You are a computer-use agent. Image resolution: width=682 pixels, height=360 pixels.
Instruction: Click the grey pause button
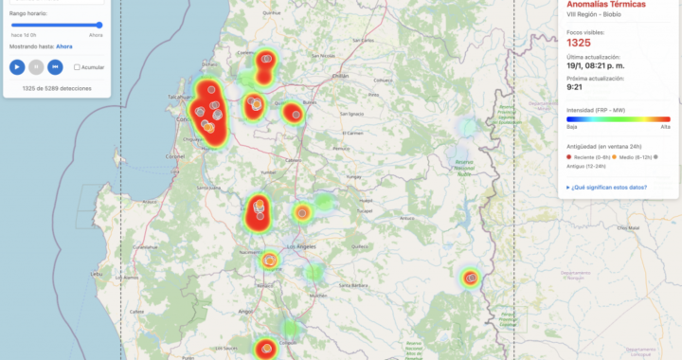click(x=36, y=66)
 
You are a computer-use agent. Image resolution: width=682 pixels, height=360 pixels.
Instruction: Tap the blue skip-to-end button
click(x=56, y=66)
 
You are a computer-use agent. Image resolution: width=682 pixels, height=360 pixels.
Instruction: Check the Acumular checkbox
click(x=78, y=67)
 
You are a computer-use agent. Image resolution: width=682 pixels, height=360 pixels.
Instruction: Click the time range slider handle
click(x=99, y=25)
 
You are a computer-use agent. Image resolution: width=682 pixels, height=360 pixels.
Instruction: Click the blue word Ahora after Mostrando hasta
click(x=64, y=45)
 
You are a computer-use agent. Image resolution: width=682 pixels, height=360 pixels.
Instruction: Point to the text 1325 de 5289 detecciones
click(x=56, y=88)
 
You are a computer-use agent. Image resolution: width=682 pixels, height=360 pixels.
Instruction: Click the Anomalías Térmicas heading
click(x=606, y=5)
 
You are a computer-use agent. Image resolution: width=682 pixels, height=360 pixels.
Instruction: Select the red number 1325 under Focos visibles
click(x=578, y=43)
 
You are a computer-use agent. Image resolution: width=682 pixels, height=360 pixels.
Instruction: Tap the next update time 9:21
click(x=575, y=87)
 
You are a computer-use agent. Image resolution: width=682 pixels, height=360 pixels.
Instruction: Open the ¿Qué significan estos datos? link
click(x=608, y=188)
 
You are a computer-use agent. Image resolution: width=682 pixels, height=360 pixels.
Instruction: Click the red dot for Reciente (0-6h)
click(x=568, y=156)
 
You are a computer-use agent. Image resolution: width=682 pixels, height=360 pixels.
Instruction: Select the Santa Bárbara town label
click(x=353, y=285)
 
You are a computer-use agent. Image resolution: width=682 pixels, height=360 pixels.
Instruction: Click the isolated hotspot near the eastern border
click(x=471, y=278)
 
